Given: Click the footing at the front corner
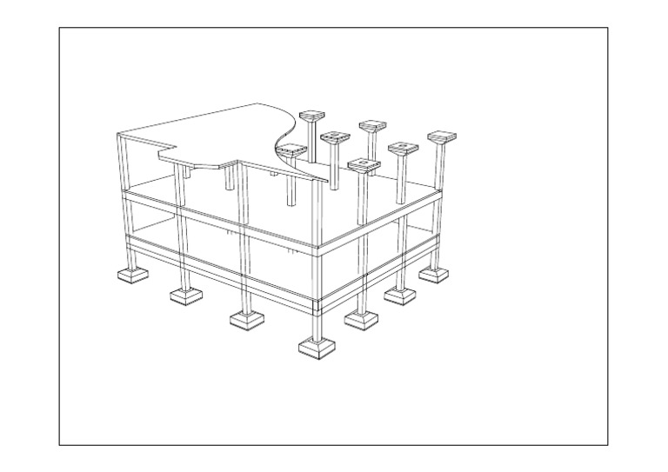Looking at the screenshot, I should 317,347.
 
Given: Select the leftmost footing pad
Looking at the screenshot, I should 132,275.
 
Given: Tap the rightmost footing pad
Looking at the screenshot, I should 434,274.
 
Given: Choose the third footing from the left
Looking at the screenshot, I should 247,319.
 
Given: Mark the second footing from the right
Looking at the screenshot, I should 399,296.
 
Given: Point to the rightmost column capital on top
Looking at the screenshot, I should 443,137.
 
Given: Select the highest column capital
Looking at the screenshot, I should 312,116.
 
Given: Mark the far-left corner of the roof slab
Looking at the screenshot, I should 118,134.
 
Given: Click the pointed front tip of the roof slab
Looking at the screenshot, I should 329,183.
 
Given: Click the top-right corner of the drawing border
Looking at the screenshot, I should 607,28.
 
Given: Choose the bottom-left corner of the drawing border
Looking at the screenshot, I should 60,444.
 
